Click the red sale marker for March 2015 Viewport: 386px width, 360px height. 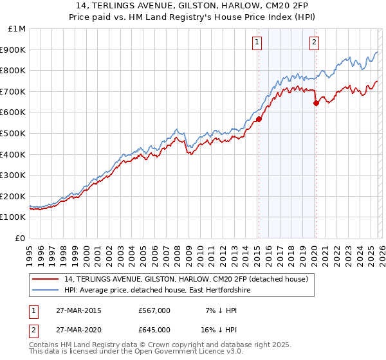point(259,119)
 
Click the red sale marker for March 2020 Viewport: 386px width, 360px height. point(316,103)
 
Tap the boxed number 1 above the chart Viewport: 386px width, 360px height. point(257,43)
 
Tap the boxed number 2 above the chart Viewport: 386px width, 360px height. point(314,43)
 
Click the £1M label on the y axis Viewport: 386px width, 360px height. point(17,29)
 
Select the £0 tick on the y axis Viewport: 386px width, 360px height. point(21,238)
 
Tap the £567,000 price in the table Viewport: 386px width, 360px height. point(154,310)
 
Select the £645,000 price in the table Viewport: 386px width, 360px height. point(154,329)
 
